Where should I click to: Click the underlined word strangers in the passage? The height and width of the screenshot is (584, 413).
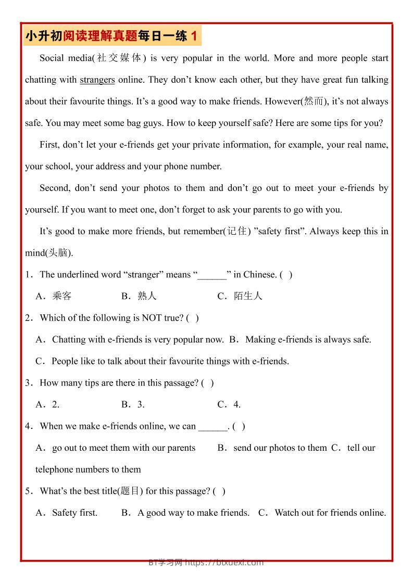[97, 80]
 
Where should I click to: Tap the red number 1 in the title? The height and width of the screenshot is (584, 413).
[194, 36]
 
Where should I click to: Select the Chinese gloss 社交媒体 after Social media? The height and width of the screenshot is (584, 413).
[119, 58]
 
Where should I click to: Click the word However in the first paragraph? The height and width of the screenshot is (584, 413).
[282, 101]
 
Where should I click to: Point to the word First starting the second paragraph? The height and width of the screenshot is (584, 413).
[50, 145]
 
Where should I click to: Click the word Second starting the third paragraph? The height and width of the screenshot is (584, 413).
[54, 188]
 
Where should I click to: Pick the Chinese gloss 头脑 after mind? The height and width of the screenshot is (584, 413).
[58, 253]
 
